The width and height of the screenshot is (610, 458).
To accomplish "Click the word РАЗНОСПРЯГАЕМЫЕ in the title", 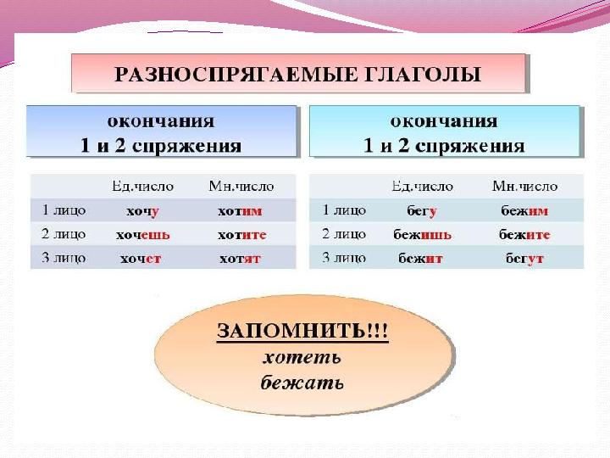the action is (x=235, y=74).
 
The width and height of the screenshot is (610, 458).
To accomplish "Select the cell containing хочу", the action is (x=142, y=211).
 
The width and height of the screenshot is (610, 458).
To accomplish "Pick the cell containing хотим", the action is (x=240, y=211).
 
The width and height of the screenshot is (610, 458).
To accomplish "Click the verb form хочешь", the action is (x=143, y=235).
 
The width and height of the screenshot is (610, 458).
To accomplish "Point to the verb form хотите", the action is (x=242, y=235).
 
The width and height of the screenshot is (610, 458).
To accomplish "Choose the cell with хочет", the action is (x=141, y=259).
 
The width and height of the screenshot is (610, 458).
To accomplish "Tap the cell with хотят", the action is (x=240, y=259).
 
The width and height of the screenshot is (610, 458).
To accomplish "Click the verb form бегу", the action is (x=422, y=211).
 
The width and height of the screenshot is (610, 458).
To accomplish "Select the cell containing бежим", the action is (x=524, y=210).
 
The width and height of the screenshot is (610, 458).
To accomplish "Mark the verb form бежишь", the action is (x=422, y=234).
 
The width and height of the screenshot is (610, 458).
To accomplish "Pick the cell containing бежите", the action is (x=524, y=234).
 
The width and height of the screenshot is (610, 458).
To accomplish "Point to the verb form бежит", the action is (x=420, y=258).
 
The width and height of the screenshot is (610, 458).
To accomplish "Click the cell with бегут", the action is (x=524, y=258).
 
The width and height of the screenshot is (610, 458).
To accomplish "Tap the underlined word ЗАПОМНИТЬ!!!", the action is (x=302, y=331).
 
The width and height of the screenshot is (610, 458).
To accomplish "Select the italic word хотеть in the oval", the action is (x=302, y=358).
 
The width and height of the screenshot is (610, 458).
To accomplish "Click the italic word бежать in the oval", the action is (x=302, y=383).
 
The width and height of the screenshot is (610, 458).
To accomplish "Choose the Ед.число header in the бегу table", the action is (x=422, y=186).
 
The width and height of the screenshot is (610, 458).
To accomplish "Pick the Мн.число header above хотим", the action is (x=241, y=186).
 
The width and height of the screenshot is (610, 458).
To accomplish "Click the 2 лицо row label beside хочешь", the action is (x=64, y=234).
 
